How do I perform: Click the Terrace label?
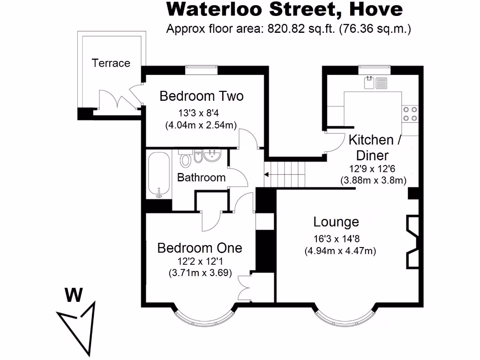coord(111,63)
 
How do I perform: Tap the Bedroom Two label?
coord(202,96)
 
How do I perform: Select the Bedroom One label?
coord(200,247)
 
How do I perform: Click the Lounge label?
coord(336,222)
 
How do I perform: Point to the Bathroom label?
coord(201,178)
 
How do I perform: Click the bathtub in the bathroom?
coord(159,174)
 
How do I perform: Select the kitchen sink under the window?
coord(375,82)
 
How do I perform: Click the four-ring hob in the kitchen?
coord(410,113)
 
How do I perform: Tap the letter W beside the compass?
coord(74,295)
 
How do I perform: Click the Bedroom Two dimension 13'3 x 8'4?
coord(202,113)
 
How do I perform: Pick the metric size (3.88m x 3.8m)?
coord(373,180)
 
